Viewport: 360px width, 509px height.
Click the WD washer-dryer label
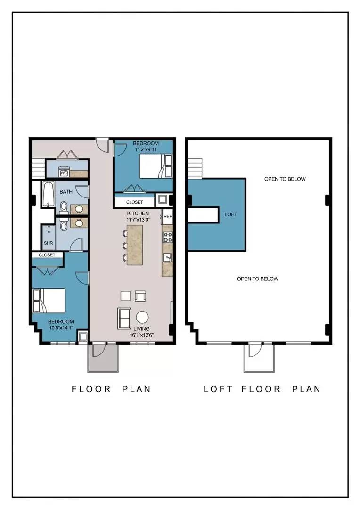click(x=64, y=173)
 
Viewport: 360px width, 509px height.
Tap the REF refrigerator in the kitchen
click(x=167, y=216)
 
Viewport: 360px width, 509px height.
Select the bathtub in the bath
click(x=48, y=194)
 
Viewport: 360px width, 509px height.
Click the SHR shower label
click(x=49, y=243)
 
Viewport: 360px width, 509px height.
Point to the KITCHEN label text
click(x=138, y=213)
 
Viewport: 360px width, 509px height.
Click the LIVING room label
click(x=141, y=328)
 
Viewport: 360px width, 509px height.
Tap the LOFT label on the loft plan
click(x=231, y=214)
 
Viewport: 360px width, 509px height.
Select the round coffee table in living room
click(x=142, y=317)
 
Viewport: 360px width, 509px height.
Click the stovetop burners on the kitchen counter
click(x=167, y=237)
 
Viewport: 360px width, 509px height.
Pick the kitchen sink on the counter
click(x=167, y=257)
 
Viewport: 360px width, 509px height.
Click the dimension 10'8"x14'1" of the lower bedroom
click(x=61, y=328)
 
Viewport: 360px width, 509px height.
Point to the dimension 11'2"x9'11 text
click(x=146, y=150)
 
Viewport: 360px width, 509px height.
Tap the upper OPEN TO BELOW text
click(x=285, y=179)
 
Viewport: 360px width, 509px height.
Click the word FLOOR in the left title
click(x=91, y=389)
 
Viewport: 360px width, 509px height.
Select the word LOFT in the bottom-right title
click(x=218, y=389)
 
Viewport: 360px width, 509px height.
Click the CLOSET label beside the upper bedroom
click(x=135, y=202)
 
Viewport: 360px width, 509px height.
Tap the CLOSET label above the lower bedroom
click(x=47, y=255)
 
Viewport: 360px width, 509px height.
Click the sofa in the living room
click(x=123, y=318)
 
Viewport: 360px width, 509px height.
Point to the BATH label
click(x=66, y=192)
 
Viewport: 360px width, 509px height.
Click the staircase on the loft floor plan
click(x=195, y=168)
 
